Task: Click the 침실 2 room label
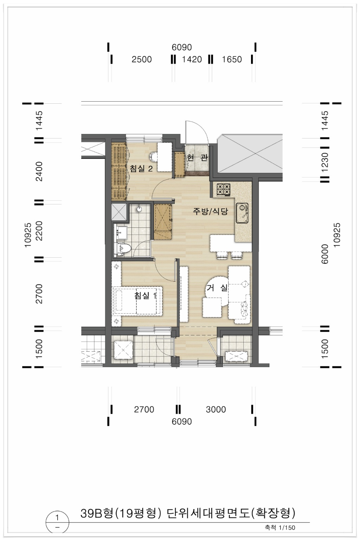point(141,168)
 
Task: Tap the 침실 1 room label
point(145,295)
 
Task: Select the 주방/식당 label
point(210,211)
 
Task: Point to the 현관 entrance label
point(197,158)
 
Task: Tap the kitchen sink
point(242,213)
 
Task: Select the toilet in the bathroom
point(124,249)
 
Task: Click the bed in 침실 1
point(138,301)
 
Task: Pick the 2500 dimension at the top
point(142,59)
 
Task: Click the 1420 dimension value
point(192,59)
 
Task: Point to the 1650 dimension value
point(232,59)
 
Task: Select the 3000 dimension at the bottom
point(216,409)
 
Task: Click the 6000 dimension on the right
point(325,254)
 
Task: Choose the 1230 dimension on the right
point(325,162)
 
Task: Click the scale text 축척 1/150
point(280,528)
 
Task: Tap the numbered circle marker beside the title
point(57,522)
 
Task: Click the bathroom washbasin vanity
point(122,233)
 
